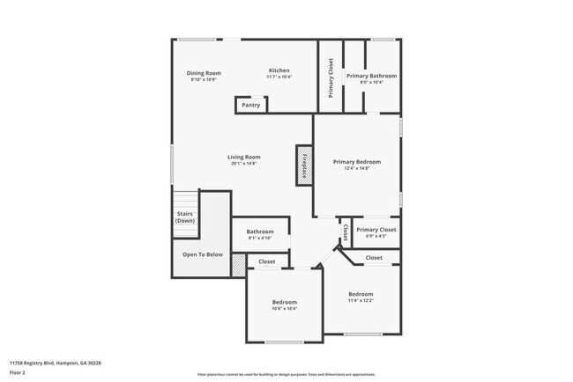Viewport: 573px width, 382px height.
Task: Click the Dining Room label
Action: (x=204, y=73)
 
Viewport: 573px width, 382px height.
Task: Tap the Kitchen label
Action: (x=279, y=70)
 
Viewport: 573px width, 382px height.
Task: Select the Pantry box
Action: (x=250, y=105)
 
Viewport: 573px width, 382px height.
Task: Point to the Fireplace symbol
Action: (x=304, y=165)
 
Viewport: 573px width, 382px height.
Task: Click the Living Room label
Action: (x=244, y=157)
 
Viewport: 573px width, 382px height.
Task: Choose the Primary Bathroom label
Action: (x=371, y=76)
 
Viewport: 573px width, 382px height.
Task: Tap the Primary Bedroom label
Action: (x=357, y=162)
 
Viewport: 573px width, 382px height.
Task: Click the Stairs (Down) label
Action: (x=185, y=217)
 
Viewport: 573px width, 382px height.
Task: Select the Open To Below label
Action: (x=203, y=254)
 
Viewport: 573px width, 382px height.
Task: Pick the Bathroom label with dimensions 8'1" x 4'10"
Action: (x=260, y=231)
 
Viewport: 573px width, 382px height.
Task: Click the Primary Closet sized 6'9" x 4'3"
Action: (x=376, y=230)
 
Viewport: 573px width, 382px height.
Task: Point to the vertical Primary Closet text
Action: (x=331, y=77)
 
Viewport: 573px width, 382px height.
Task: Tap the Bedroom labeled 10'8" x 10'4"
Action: (x=285, y=302)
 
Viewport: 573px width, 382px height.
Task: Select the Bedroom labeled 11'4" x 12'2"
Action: (x=361, y=294)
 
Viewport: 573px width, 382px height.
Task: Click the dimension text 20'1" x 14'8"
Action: (x=244, y=163)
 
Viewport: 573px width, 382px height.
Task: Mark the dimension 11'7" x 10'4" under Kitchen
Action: (x=279, y=77)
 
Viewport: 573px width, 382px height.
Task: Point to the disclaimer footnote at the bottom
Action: (x=286, y=374)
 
